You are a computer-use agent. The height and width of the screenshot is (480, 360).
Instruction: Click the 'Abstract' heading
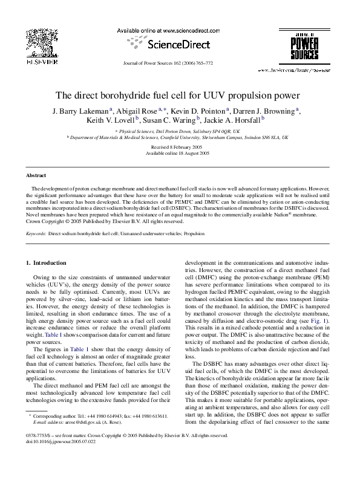[x=36, y=175]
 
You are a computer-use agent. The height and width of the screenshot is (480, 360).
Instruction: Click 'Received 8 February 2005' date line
[x=180, y=147]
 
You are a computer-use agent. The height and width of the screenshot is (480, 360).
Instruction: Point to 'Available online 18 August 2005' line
[x=180, y=154]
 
